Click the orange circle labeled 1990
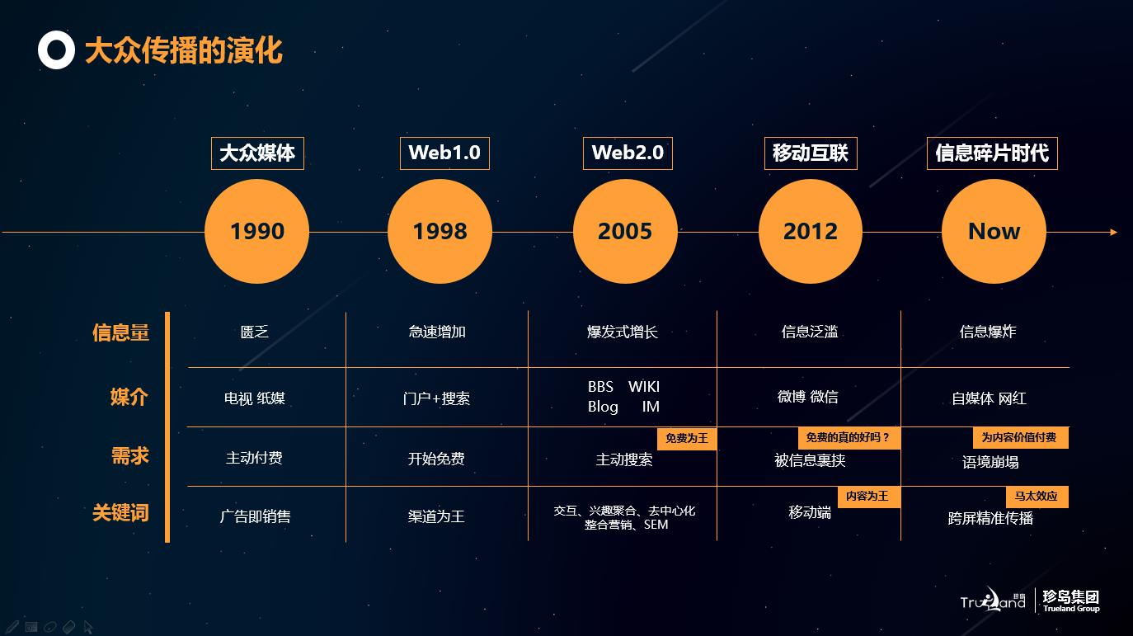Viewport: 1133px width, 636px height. pyautogui.click(x=256, y=231)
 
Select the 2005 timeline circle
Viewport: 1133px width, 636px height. pyautogui.click(x=625, y=231)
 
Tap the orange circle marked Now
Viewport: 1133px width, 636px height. pyautogui.click(x=994, y=231)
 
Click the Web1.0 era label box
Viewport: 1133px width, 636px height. pyautogui.click(x=444, y=153)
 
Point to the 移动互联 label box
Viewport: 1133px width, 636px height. pyautogui.click(x=811, y=153)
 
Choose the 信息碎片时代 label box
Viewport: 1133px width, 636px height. pyautogui.click(x=992, y=153)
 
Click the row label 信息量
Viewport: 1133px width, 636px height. pyautogui.click(x=120, y=332)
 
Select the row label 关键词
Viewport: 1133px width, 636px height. pyautogui.click(x=120, y=512)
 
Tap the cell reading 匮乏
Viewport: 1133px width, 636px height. pyautogui.click(x=255, y=332)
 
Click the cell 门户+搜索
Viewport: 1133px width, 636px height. pyautogui.click(x=436, y=398)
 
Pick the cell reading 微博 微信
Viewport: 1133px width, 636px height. pyautogui.click(x=808, y=397)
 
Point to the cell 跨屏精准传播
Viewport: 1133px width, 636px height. pyautogui.click(x=990, y=518)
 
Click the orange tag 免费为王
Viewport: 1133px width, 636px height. pyautogui.click(x=687, y=438)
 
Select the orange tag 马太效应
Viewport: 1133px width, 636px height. pyautogui.click(x=1037, y=497)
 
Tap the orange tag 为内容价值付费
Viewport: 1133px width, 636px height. pyautogui.click(x=1020, y=438)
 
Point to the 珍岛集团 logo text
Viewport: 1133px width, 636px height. pyautogui.click(x=1071, y=597)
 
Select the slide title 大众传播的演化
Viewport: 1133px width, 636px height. pyautogui.click(x=184, y=50)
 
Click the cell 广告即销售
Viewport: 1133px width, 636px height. pyautogui.click(x=255, y=516)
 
